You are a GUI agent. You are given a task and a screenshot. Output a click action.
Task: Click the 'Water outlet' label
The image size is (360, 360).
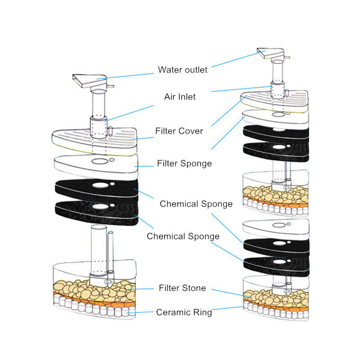tap(183, 70)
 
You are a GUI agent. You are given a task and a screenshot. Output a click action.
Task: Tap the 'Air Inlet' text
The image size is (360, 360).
tap(180, 97)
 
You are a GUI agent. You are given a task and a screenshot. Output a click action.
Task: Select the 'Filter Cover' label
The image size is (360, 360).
tap(179, 131)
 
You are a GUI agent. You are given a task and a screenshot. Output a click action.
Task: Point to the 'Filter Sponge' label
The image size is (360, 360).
tap(184, 163)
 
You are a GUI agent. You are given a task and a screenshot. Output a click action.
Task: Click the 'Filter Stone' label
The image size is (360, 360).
tap(182, 288)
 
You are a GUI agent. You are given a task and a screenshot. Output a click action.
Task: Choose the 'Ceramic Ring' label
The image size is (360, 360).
tap(184, 312)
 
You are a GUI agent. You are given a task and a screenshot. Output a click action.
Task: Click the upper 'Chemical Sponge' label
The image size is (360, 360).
tap(196, 204)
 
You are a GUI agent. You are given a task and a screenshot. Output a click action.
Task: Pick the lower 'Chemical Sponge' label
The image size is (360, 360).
tap(183, 236)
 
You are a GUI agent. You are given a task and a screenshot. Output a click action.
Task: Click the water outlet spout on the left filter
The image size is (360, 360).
tap(90, 81)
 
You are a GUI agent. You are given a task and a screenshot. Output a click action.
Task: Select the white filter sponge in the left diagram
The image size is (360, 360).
tap(96, 166)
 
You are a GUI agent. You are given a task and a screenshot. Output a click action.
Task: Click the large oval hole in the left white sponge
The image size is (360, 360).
tap(100, 162)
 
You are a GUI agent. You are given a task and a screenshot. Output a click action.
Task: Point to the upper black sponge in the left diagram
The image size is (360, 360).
tap(96, 189)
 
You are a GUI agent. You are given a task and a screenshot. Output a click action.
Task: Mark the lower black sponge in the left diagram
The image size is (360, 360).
tap(96, 212)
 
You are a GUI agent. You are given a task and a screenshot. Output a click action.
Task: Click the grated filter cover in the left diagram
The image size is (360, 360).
tap(94, 140)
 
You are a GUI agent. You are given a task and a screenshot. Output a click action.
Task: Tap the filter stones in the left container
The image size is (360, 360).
tap(94, 291)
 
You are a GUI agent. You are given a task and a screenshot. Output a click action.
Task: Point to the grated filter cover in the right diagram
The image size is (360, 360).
tap(274, 100)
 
